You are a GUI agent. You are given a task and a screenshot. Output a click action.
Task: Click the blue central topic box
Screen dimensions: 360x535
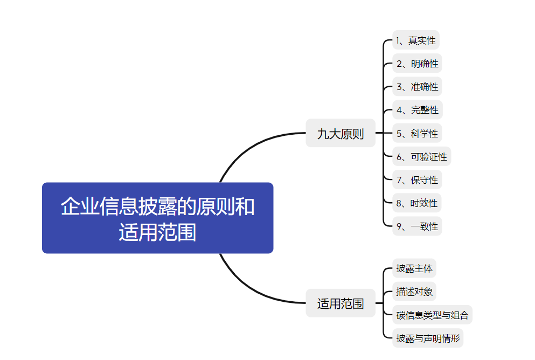[157, 218]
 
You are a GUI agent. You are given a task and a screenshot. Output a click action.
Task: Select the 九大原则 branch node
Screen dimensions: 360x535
[341, 133]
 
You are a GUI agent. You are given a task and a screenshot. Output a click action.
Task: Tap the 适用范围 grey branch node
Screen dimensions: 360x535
[341, 303]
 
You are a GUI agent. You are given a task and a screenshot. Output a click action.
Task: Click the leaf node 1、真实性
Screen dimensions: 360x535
[416, 40]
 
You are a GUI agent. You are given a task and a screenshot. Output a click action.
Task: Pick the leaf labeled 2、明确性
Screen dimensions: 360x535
[417, 64]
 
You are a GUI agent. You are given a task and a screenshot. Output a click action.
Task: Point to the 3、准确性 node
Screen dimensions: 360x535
[417, 87]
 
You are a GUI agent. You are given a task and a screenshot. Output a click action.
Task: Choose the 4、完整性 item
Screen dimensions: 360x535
[417, 110]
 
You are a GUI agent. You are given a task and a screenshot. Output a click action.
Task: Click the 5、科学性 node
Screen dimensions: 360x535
[417, 133]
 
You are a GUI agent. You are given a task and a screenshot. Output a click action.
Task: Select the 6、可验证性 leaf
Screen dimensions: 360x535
[421, 157]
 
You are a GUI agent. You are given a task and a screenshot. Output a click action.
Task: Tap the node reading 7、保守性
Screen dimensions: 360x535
[417, 180]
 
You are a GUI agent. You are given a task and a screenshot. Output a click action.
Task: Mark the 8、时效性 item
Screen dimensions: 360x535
[417, 203]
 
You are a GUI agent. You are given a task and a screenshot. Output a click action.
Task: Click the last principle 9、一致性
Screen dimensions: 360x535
[417, 226]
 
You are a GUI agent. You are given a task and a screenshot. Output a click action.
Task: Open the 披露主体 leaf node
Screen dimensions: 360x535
[414, 268]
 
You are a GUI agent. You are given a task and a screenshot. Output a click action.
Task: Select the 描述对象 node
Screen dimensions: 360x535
[414, 292]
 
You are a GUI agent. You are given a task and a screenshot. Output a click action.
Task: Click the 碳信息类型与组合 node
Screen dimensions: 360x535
[432, 315]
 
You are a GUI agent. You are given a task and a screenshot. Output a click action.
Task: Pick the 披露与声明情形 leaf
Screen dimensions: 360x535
[428, 338]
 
